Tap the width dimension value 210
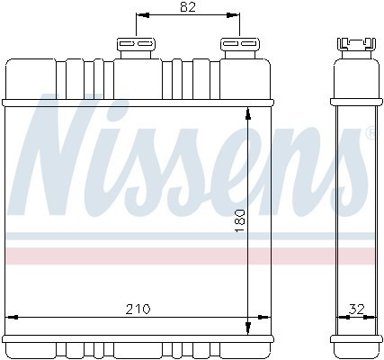137,308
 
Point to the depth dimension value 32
357,308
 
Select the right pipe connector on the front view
237,48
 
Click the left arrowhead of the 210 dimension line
12,316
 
